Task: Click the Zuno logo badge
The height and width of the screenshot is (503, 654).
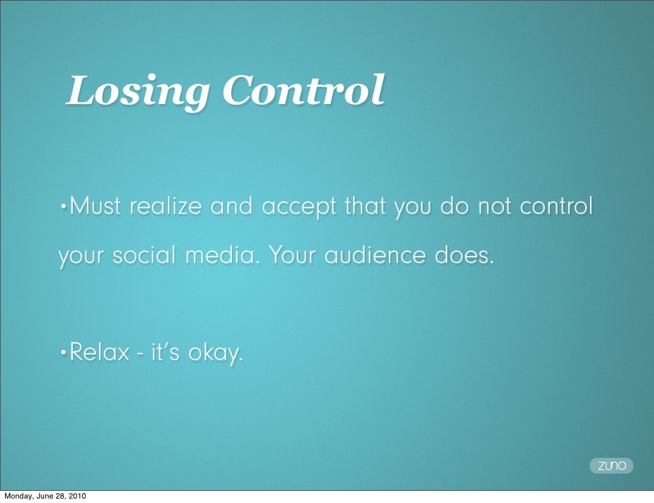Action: (611, 466)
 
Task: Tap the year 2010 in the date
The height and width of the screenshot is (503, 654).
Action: (76, 497)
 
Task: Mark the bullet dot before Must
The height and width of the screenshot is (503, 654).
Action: (62, 207)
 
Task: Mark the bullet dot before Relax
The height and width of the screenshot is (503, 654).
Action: (62, 352)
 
